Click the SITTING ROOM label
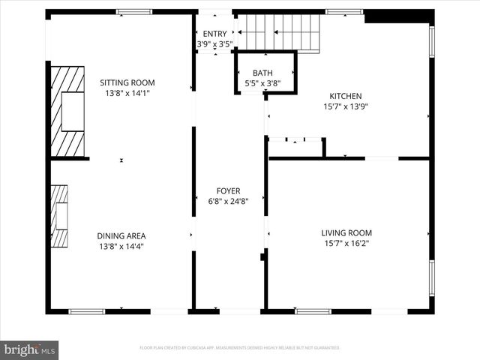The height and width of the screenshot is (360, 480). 127,82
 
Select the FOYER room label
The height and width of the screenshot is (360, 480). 228,191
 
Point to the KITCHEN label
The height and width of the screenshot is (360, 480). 346,96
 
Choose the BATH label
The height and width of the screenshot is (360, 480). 262,73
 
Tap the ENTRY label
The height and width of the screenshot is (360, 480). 214,34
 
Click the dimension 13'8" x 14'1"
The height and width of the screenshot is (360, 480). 127,94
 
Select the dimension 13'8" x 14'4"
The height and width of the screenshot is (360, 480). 121,246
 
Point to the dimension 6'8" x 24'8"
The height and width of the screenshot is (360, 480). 228,201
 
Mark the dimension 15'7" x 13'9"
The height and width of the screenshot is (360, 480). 346,106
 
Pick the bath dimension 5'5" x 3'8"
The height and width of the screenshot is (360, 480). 262,83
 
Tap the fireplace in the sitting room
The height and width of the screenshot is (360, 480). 67,110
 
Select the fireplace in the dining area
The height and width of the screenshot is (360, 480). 59,216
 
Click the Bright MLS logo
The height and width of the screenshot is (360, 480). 30,349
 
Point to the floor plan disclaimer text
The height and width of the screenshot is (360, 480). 240,348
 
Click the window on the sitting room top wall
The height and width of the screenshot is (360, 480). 133,11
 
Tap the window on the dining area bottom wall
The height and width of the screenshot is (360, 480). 87,311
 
